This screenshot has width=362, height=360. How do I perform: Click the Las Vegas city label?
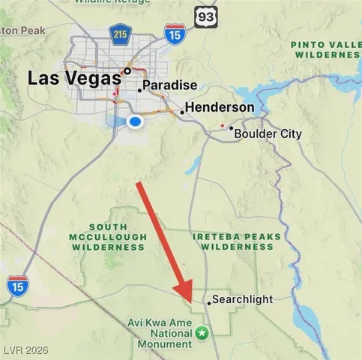[x=74, y=77]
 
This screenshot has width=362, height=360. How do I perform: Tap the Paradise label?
[x=169, y=85]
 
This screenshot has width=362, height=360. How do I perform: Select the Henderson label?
[x=220, y=108]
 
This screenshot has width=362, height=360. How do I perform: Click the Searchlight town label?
[x=241, y=299]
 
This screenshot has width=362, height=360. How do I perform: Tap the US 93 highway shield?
[x=205, y=16]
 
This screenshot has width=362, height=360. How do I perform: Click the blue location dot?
[x=135, y=121]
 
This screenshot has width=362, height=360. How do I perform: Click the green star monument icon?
[x=202, y=331]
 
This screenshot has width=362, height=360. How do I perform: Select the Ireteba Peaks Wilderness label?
[x=236, y=241]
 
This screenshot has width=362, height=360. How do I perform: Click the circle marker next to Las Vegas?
[x=128, y=72]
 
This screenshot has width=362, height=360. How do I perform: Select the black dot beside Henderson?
[x=182, y=112]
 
